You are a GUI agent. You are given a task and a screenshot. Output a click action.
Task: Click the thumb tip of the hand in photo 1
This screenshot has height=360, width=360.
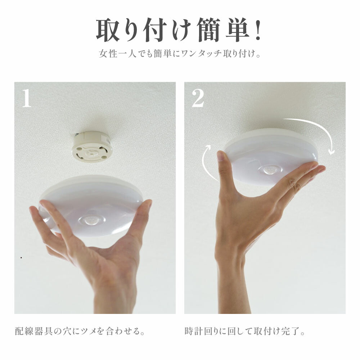click(147, 203)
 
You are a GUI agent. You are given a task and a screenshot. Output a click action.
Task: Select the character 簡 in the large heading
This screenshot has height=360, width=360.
click(209, 30)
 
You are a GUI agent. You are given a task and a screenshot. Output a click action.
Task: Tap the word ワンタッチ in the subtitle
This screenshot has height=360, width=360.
click(201, 54)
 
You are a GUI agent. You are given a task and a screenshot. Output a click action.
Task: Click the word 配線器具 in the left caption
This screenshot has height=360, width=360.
click(34, 331)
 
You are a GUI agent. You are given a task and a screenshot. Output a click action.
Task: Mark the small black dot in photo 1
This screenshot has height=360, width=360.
click(21, 258)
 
